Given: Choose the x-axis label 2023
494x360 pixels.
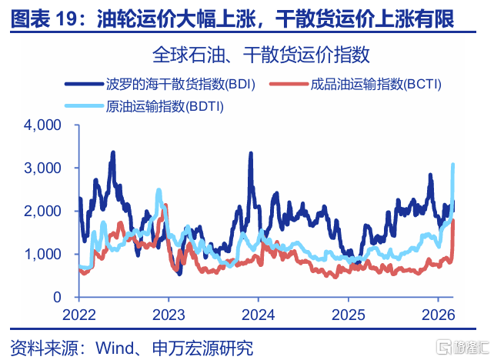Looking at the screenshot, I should pyautogui.click(x=168, y=314).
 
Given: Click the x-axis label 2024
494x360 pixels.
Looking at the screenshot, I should pyautogui.click(x=258, y=314).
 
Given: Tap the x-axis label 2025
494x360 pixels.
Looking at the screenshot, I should pyautogui.click(x=348, y=314).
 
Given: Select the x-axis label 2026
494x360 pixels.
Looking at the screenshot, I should pyautogui.click(x=438, y=314).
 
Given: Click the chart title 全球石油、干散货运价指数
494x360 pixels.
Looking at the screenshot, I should pyautogui.click(x=262, y=55).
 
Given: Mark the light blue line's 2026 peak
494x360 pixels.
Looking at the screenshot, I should pyautogui.click(x=452, y=165).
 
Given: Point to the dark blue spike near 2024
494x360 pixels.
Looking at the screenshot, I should pyautogui.click(x=251, y=153).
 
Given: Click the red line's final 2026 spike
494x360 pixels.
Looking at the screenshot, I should pyautogui.click(x=453, y=221).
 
